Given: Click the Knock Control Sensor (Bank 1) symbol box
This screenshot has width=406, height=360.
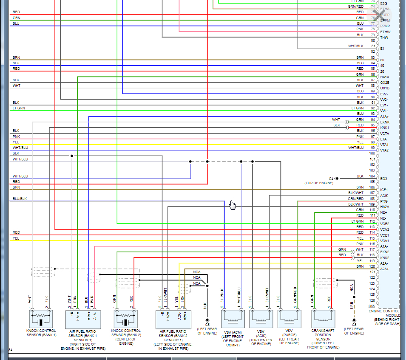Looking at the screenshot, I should click(x=41, y=318).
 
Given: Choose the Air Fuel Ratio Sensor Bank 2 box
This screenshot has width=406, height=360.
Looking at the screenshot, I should click(x=173, y=318).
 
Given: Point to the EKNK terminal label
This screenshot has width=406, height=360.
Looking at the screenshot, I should click(x=385, y=122).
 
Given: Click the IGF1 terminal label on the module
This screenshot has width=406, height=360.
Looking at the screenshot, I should click(x=384, y=190).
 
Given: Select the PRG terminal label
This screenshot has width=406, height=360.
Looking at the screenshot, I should click(x=384, y=201).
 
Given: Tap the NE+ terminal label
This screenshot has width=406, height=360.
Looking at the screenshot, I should click(x=383, y=212).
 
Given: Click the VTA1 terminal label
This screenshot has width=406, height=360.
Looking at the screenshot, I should click(x=384, y=145).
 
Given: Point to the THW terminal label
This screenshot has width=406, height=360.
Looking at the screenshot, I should click(x=384, y=37).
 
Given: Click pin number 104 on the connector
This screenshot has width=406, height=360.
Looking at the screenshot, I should click(x=372, y=176).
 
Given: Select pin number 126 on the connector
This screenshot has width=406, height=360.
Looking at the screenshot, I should click(x=372, y=300).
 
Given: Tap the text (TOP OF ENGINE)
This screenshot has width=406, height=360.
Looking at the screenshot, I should click(x=319, y=183).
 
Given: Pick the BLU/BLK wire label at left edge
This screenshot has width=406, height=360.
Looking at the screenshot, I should click(x=20, y=199).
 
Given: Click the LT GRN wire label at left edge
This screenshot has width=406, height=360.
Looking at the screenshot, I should click(x=19, y=108).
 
